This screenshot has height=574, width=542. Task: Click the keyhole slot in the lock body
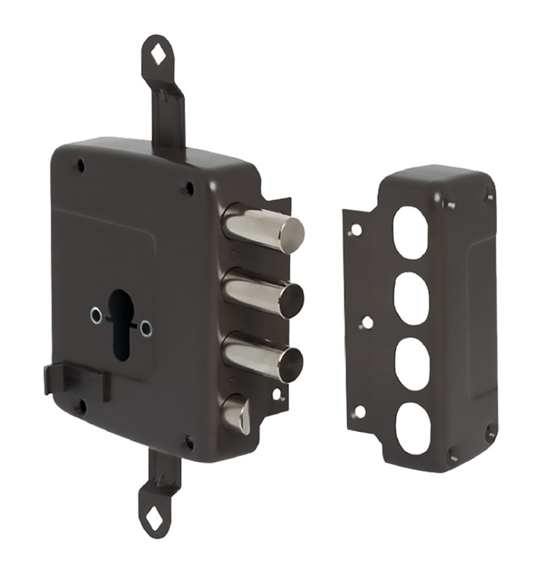pyautogui.click(x=120, y=324)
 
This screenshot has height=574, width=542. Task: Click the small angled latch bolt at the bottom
pyautogui.click(x=237, y=413)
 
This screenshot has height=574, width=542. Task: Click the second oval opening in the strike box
pyautogui.click(x=412, y=298)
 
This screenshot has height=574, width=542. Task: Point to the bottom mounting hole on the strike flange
pyautogui.click(x=360, y=411)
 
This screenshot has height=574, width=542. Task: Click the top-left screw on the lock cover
pyautogui.click(x=80, y=166)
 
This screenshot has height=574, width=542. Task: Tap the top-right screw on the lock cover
pyautogui.click(x=187, y=187)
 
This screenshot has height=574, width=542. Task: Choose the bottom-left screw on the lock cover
pyautogui.click(x=82, y=408)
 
